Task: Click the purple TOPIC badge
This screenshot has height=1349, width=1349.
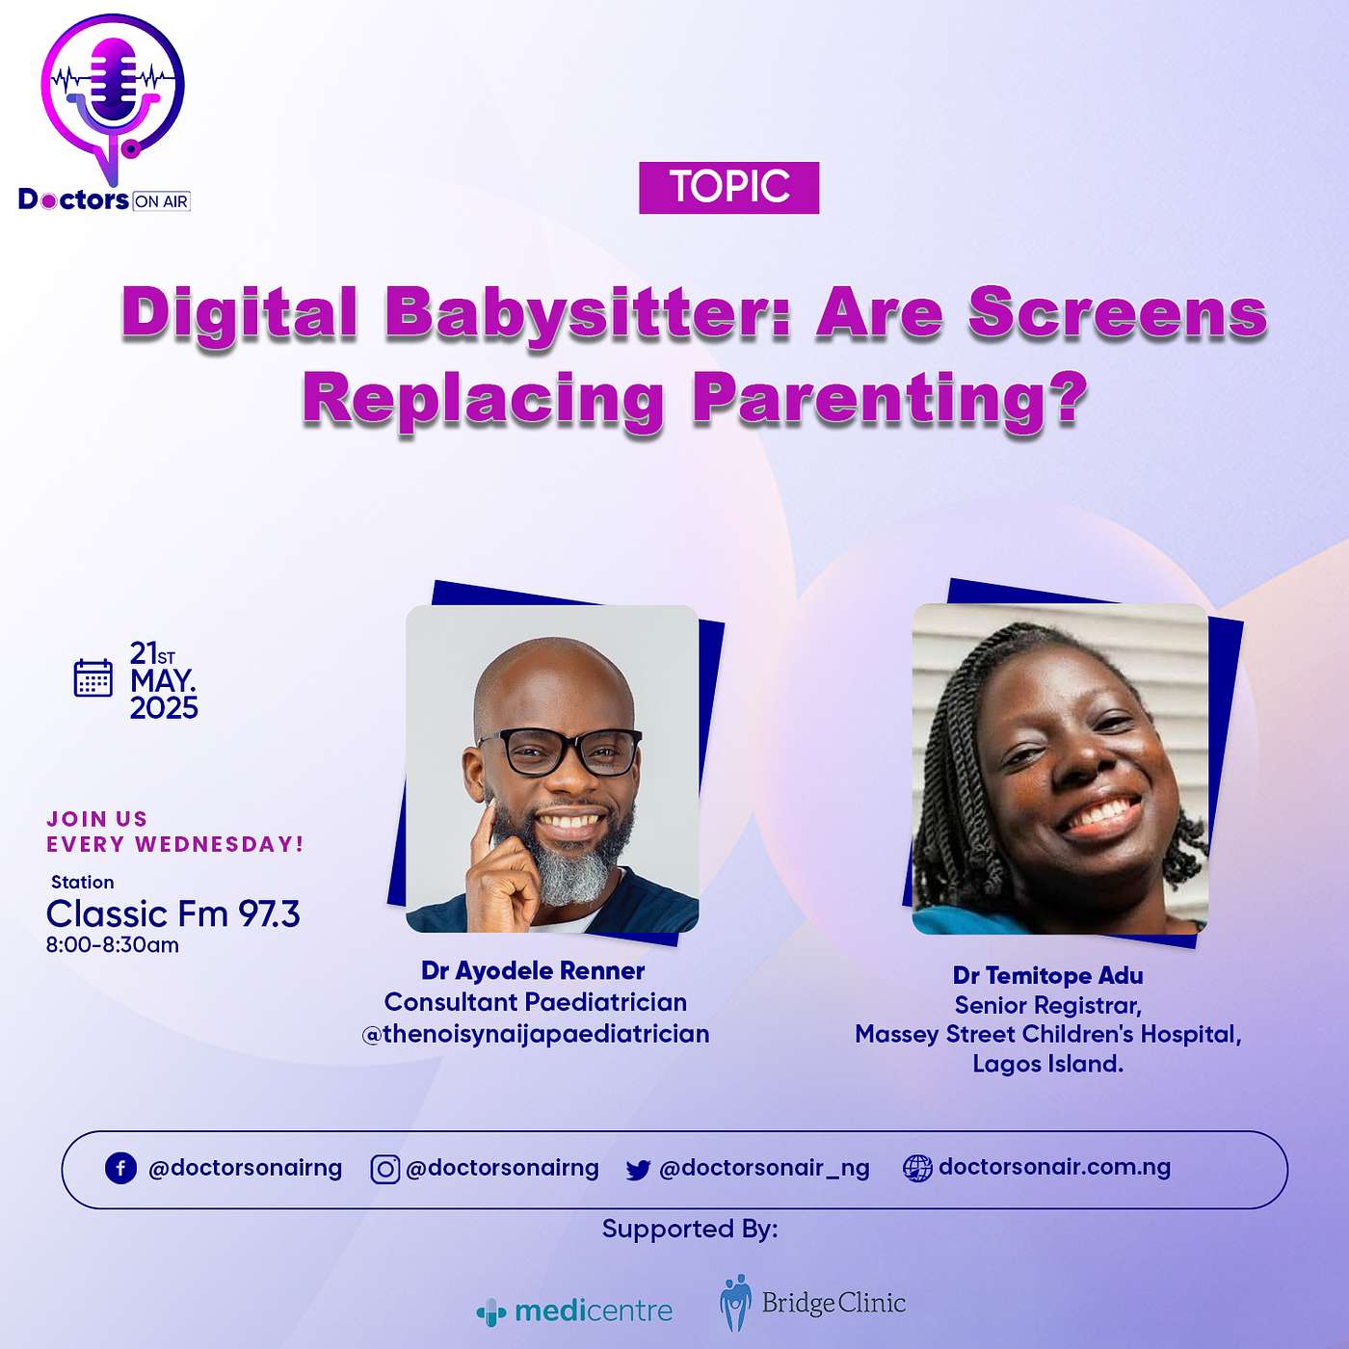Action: tap(728, 188)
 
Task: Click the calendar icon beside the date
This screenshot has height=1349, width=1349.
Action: tap(93, 677)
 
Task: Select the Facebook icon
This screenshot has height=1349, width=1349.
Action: tap(120, 1169)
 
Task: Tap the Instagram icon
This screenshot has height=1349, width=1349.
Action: tap(384, 1169)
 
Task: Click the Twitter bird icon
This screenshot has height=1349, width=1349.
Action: tap(638, 1170)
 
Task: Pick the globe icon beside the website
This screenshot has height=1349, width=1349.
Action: tap(917, 1169)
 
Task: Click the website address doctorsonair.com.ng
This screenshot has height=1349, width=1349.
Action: tap(1054, 1167)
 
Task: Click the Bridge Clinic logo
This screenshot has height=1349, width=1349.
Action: tap(812, 1303)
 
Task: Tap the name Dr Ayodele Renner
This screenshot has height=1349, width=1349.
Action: tap(533, 971)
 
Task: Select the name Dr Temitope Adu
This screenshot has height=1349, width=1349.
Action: tap(1048, 975)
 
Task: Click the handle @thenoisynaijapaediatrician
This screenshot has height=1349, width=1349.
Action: tap(536, 1034)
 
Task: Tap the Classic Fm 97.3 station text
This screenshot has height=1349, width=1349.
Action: tap(172, 913)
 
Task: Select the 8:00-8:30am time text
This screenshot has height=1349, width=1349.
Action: tap(113, 945)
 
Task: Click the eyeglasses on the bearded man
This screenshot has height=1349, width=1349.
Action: tap(559, 752)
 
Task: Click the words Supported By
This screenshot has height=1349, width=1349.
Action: tap(690, 1229)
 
